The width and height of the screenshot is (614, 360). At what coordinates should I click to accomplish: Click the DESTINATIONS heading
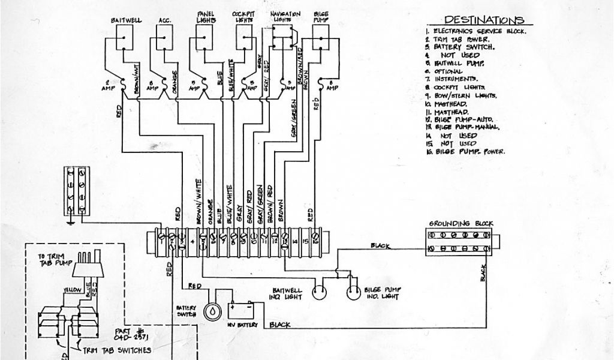point(484,20)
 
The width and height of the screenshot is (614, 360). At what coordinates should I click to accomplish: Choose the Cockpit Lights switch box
point(243,41)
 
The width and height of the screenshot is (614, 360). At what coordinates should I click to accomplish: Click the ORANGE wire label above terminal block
point(210,212)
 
